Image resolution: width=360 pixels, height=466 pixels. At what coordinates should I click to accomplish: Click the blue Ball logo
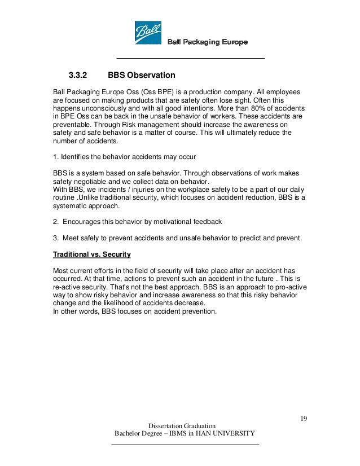148,33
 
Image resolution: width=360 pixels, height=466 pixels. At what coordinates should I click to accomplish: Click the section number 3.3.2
80,75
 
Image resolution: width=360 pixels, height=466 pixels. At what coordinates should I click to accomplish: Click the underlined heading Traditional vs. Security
91,254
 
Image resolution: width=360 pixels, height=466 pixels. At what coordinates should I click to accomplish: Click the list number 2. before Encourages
55,222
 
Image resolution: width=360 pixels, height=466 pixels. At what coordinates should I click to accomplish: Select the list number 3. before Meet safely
55,238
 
